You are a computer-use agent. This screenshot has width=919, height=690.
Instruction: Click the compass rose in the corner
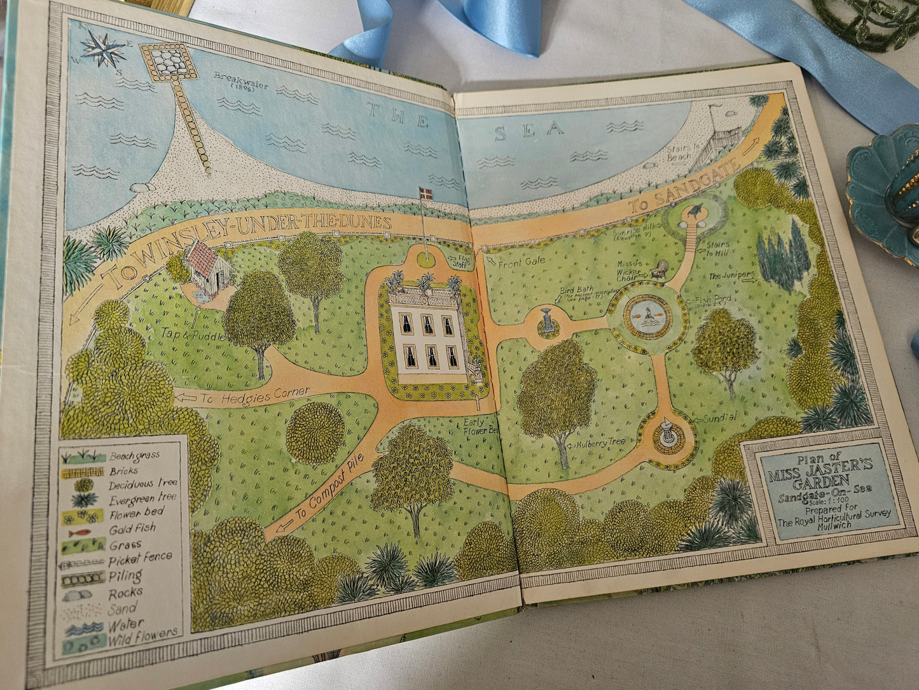pos(103,48)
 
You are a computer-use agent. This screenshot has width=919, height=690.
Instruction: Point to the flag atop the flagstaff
pos(425,194)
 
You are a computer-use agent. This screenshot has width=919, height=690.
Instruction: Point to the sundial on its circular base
pos(667,433)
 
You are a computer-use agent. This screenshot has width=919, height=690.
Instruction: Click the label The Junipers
pos(731,276)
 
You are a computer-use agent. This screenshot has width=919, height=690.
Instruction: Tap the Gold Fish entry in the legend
pos(132,529)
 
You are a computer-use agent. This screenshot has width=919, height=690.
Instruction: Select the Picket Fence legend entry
pos(140,559)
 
